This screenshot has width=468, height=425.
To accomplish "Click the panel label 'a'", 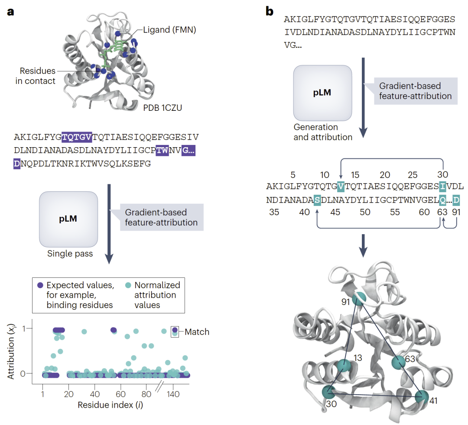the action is click(10, 12).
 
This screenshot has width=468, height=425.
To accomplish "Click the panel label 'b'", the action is click(270, 11).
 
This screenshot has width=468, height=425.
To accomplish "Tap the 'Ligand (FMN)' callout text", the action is click(169, 30).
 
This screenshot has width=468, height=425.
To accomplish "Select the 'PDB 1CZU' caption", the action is click(162, 108).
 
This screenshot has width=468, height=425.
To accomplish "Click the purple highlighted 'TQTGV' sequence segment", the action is click(77, 137).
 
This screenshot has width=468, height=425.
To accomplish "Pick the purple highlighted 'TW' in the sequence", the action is click(162, 150).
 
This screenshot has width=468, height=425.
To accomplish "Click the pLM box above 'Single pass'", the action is click(68, 219).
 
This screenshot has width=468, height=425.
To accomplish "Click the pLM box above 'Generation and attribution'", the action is click(322, 93).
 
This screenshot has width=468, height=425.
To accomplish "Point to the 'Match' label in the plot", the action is click(197, 332).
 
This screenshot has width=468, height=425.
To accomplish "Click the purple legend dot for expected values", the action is click(40, 285).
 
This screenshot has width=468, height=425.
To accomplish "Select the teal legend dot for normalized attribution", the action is click(128, 285).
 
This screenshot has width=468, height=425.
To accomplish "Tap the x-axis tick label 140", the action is click(173, 394).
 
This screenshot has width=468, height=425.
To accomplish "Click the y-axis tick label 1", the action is click(24, 328).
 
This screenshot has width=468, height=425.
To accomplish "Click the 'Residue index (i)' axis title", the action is click(110, 405).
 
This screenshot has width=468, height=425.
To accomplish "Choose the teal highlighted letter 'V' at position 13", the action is click(341, 187).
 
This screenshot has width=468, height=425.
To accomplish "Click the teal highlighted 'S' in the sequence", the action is click(317, 200).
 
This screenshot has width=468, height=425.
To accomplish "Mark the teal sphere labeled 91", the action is click(359, 299).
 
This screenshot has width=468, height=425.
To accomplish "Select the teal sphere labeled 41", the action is click(422, 397).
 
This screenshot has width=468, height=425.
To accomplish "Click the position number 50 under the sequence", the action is click(365, 212).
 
